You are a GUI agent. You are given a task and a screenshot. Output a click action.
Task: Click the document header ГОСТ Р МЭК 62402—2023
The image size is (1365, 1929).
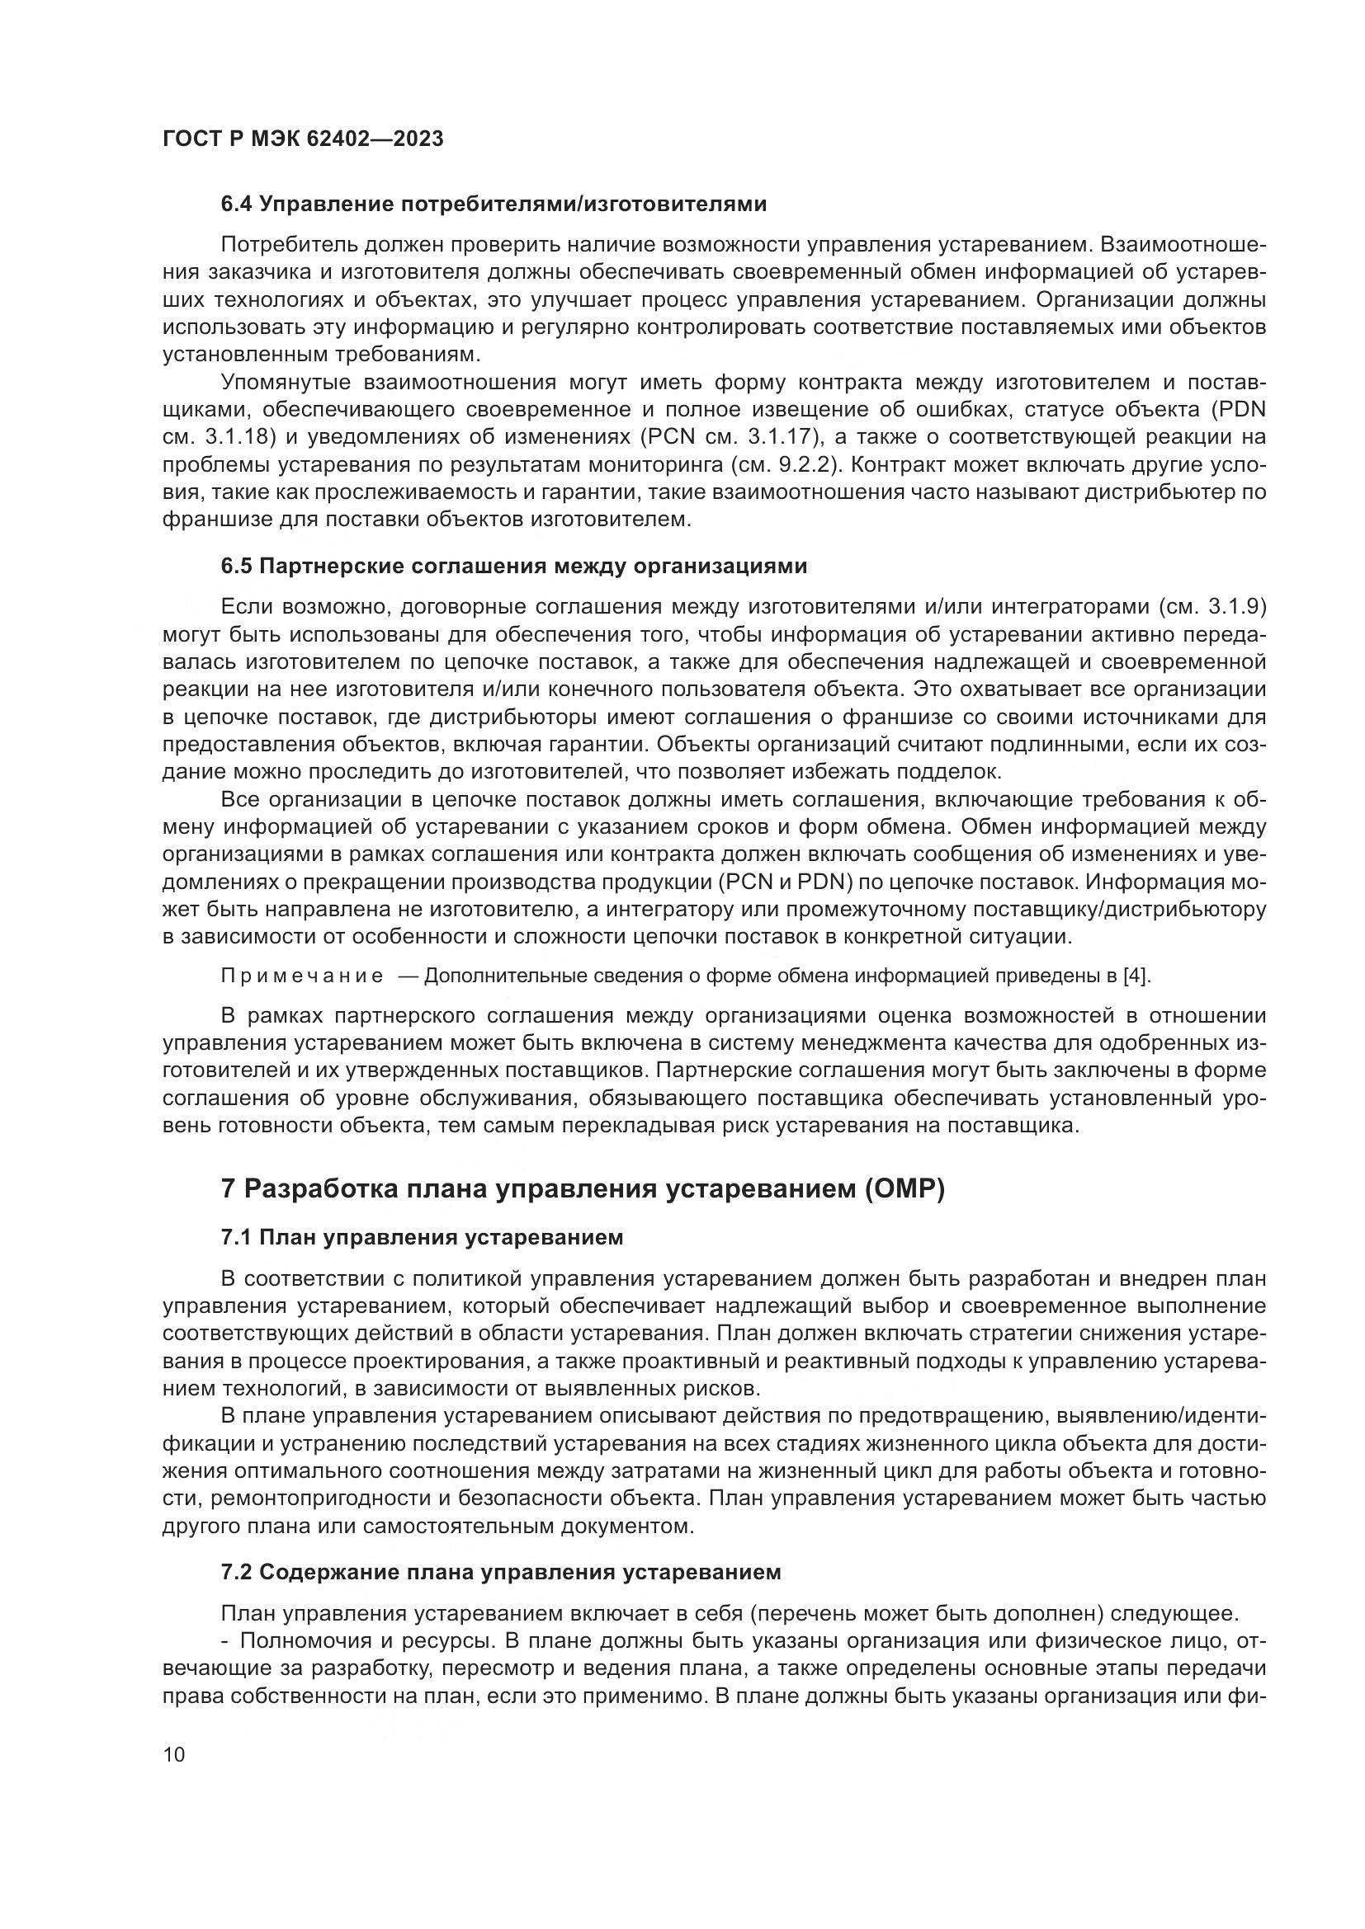(x=303, y=139)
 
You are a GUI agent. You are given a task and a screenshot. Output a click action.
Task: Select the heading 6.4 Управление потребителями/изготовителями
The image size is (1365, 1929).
(x=494, y=205)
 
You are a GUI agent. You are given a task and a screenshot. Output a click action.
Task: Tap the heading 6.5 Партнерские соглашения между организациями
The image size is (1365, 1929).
(x=513, y=567)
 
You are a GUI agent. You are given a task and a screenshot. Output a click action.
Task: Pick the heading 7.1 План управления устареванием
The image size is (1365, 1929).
(x=422, y=1238)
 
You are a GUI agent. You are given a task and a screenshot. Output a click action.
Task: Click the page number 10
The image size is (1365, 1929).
(x=174, y=1755)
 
